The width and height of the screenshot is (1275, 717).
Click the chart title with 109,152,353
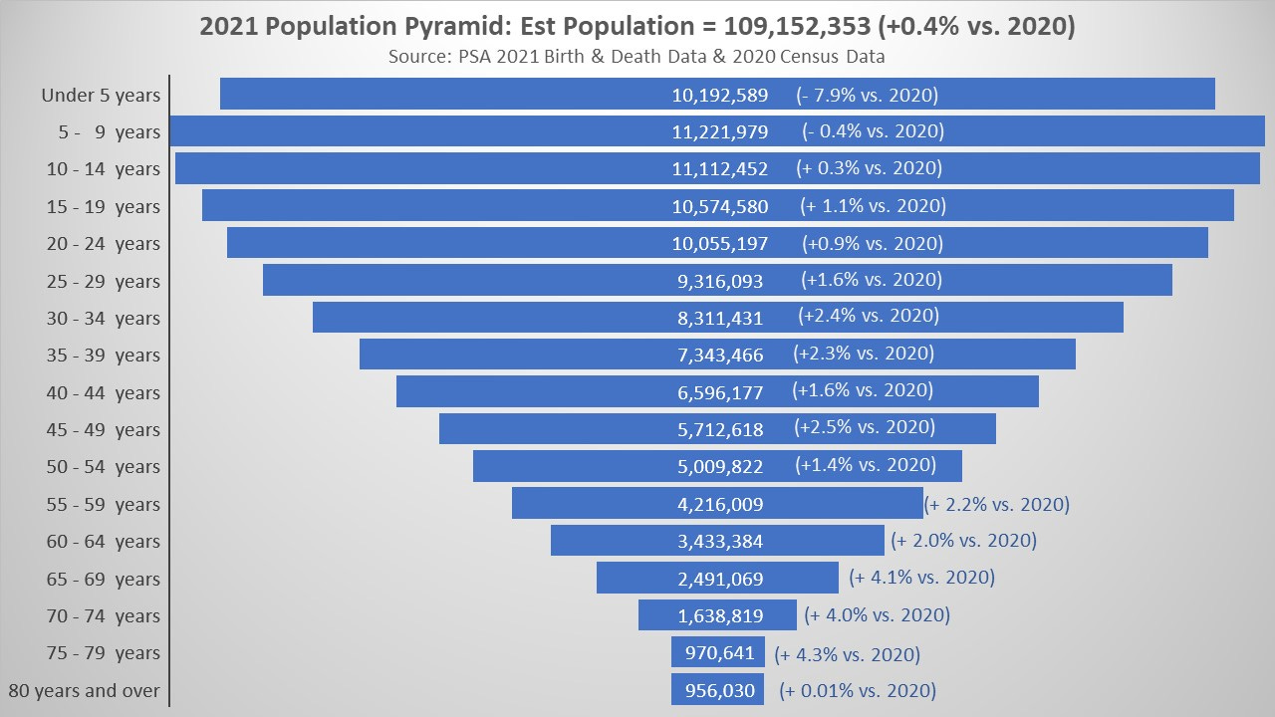click(637, 27)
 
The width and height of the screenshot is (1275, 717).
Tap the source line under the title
click(637, 57)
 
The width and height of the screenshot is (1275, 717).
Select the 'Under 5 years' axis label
click(100, 96)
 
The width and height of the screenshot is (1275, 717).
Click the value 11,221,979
click(719, 132)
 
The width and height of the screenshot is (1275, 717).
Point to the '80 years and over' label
click(84, 691)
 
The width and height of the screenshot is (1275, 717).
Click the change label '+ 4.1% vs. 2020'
click(921, 578)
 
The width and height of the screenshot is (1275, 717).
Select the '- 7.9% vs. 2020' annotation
click(867, 96)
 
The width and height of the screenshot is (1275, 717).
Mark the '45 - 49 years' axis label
click(103, 430)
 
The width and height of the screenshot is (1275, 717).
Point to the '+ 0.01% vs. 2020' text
click(858, 691)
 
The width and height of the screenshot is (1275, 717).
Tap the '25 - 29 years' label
click(103, 282)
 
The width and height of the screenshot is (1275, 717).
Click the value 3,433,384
click(719, 542)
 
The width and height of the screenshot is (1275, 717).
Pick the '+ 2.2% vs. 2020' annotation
click(997, 504)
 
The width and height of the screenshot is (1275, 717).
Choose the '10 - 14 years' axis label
click(103, 169)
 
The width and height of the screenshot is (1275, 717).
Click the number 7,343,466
click(719, 356)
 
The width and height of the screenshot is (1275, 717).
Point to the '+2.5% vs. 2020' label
click(865, 428)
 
